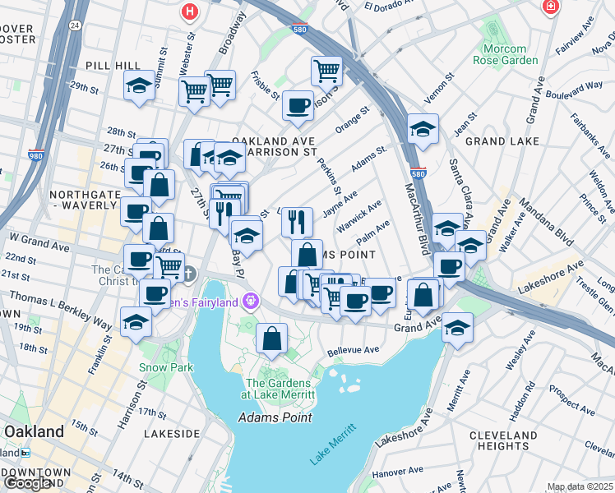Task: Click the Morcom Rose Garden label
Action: pos(506,53)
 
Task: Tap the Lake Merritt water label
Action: pos(333,445)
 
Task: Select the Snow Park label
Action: pos(165,367)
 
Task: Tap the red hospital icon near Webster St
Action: pos(191,12)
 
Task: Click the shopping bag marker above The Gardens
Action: pos(271,338)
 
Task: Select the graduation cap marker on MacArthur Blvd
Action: pos(423,128)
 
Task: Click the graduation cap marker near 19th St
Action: pos(136,321)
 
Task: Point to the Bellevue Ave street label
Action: pos(353,350)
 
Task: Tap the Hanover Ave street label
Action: pos(396,473)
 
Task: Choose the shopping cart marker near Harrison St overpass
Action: pos(326,71)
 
